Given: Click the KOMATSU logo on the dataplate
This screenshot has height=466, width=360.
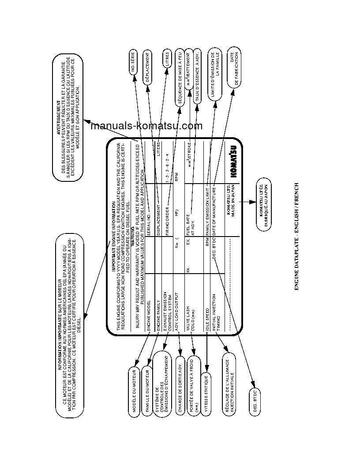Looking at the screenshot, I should pyautogui.click(x=232, y=162).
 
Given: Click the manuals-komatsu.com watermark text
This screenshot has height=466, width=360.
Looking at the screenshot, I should pyautogui.click(x=146, y=126).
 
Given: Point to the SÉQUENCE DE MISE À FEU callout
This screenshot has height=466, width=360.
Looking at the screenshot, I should pyautogui.click(x=180, y=76).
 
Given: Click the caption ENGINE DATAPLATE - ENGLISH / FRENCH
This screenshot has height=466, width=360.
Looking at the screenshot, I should pyautogui.click(x=296, y=237).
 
